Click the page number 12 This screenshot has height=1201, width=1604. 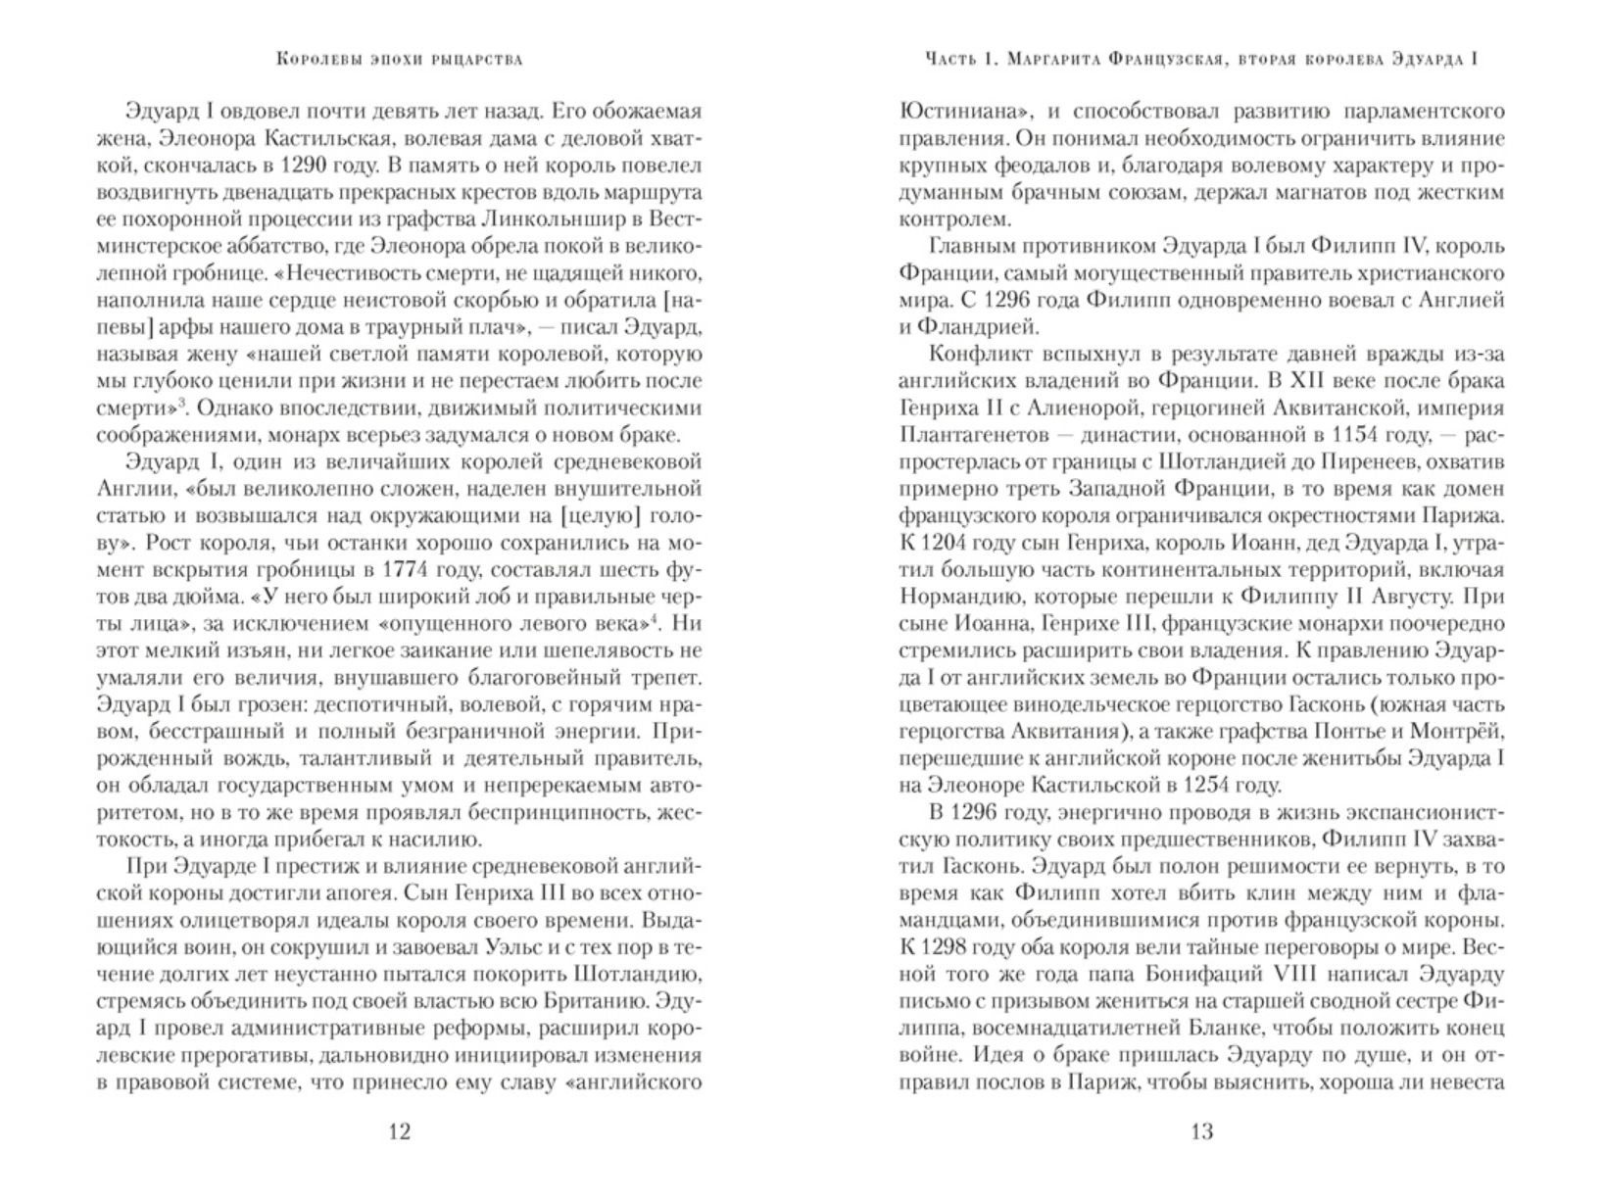pos(399,1132)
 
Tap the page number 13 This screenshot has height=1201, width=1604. pos(1201,1132)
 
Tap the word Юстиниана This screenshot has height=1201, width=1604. pos(961,111)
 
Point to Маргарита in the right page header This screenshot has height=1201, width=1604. pos(1069,60)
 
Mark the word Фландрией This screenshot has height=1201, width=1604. pos(972,326)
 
